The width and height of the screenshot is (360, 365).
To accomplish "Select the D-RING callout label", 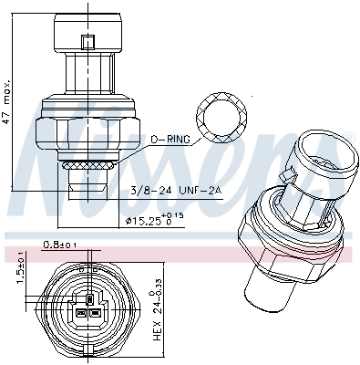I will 172,139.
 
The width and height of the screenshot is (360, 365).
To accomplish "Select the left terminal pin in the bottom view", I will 79,311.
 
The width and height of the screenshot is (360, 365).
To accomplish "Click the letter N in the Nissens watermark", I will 46,155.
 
